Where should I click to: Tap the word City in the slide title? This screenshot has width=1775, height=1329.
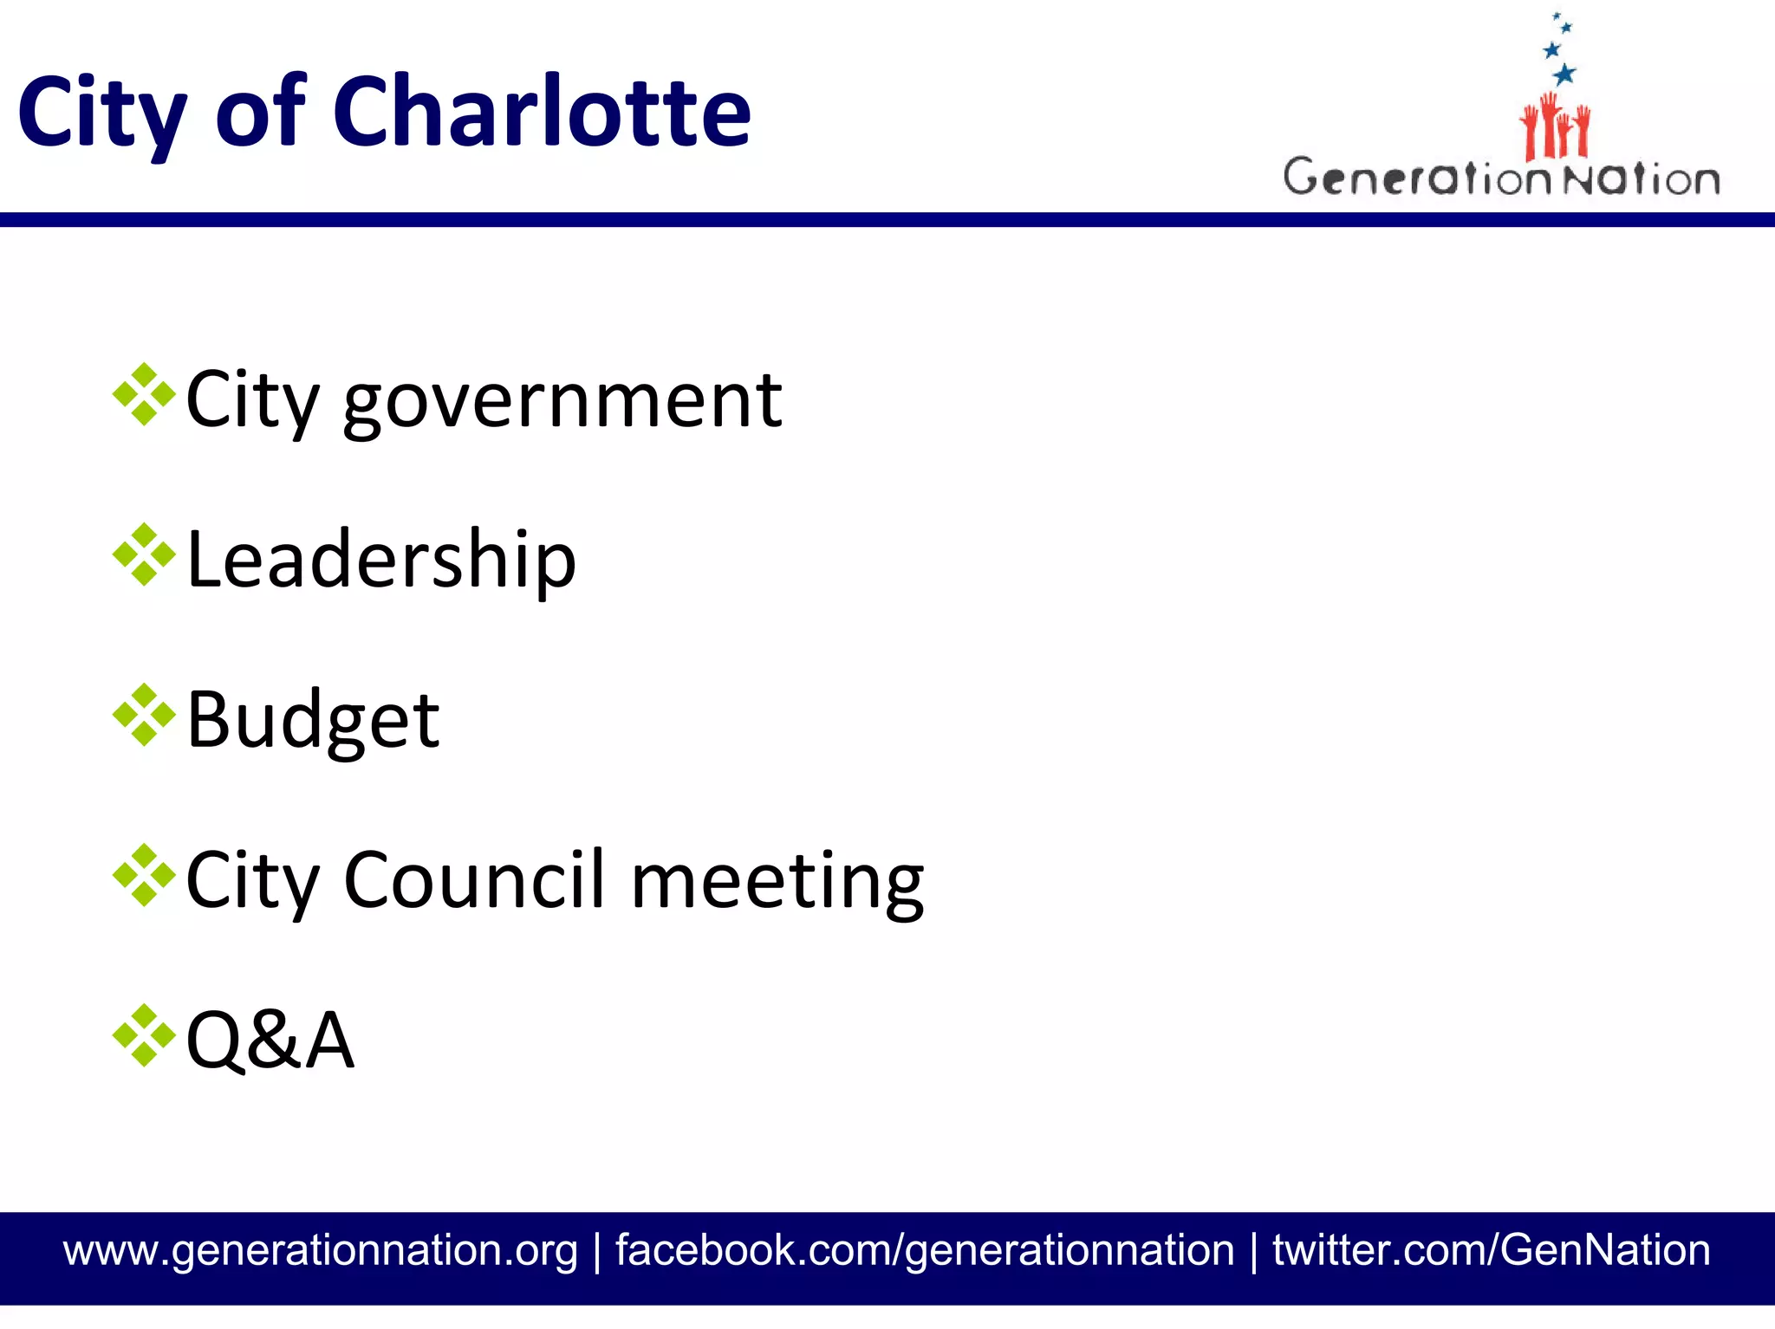pos(101,113)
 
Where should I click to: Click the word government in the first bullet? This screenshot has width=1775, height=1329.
pos(562,400)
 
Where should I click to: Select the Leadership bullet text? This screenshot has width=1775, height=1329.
pos(381,560)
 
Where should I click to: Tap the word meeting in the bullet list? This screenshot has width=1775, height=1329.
pos(777,881)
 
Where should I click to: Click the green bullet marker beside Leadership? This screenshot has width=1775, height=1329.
pos(144,554)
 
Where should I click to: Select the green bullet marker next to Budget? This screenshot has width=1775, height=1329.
pos(144,715)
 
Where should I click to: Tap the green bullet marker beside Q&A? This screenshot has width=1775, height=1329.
pos(144,1034)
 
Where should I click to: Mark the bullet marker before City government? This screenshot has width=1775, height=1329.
pos(144,395)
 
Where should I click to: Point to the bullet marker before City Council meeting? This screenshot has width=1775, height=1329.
pos(144,875)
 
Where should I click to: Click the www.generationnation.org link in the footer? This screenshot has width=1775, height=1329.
pos(320,1250)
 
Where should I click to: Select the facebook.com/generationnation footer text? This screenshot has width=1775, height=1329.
pos(924,1250)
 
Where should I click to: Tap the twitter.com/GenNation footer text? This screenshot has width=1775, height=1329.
pos(1491,1250)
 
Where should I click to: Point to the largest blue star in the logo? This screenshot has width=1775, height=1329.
pos(1564,74)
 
